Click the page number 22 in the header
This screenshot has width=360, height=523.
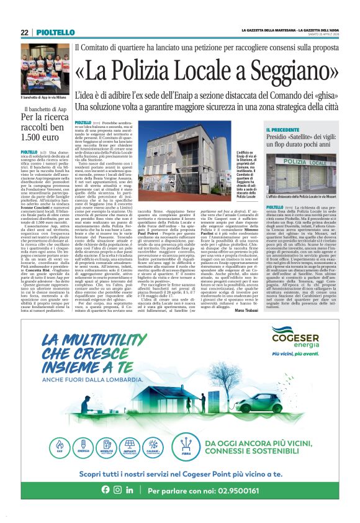pos(24,32)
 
